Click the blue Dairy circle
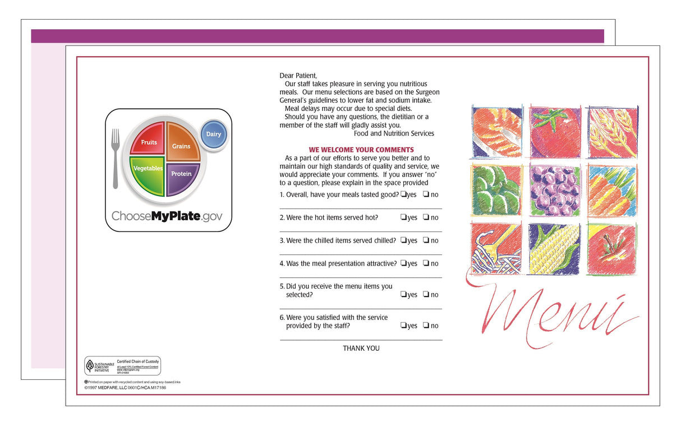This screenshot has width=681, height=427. (x=214, y=134)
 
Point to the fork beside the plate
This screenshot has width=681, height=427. (x=116, y=158)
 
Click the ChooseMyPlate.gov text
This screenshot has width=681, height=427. (x=167, y=216)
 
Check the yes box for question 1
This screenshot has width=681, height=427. (x=403, y=194)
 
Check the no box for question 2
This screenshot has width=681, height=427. (x=426, y=217)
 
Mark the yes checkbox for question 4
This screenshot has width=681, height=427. (x=403, y=263)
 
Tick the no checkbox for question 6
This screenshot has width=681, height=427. (x=426, y=326)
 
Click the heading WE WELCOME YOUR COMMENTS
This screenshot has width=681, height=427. (x=361, y=150)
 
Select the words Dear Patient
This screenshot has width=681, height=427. (x=298, y=75)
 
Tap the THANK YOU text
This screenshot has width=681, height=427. (x=361, y=348)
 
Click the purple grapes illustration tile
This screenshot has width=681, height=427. (x=555, y=191)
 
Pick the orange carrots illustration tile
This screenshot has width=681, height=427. (x=612, y=191)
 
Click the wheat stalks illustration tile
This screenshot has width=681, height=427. (x=612, y=132)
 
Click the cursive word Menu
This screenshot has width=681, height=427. (x=553, y=313)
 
